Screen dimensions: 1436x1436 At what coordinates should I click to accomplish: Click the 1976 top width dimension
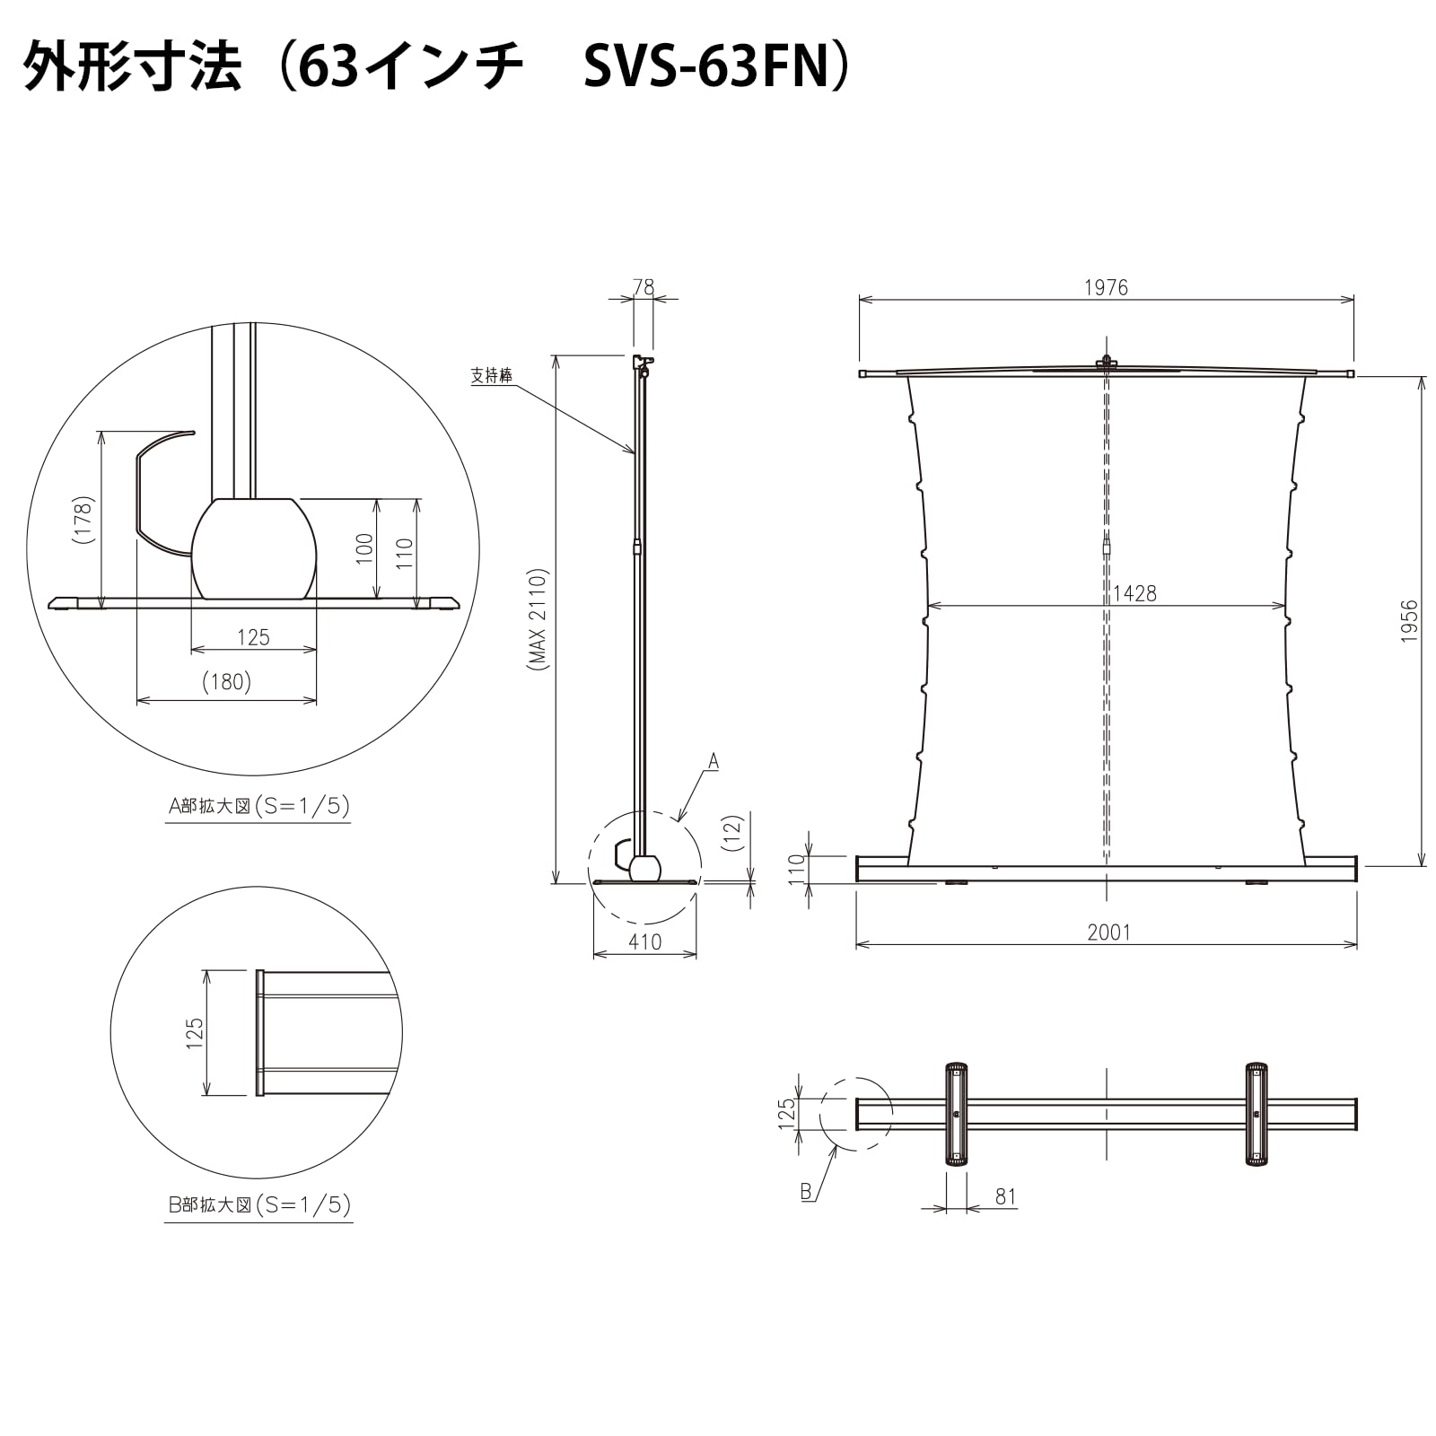coord(1106,287)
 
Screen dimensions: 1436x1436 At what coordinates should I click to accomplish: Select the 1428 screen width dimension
coord(1134,593)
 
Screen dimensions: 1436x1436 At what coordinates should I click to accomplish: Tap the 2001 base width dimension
coord(1108,933)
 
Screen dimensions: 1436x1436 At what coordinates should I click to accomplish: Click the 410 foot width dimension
coord(644,941)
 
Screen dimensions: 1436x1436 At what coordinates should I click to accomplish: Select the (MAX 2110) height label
coord(537,619)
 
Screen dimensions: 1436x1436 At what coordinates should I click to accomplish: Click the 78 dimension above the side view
coord(644,287)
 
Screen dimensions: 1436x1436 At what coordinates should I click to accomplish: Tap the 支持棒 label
coord(492,375)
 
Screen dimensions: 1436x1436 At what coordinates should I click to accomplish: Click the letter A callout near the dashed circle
coord(714,762)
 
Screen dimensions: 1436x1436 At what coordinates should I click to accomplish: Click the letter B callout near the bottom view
coord(806,1191)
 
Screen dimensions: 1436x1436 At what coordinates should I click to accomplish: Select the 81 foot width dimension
coord(1005,1196)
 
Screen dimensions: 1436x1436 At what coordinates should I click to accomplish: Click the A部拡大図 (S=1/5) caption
coord(258,806)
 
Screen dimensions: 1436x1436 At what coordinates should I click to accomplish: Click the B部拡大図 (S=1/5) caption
coord(258,1204)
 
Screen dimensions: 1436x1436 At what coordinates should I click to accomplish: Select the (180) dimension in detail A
coord(226,682)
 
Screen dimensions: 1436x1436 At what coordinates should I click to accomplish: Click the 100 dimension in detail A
coord(364,548)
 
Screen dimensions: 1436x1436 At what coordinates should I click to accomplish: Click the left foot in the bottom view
coord(957,1114)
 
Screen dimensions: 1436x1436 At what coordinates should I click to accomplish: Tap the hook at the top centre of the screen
coord(1107,363)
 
